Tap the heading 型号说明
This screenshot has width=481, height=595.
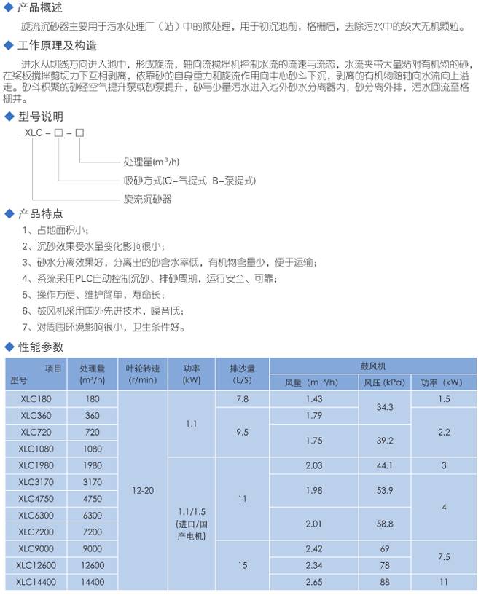point(40,117)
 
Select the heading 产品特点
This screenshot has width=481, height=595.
point(40,214)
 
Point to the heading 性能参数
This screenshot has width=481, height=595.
point(40,346)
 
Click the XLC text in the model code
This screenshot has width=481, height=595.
point(34,134)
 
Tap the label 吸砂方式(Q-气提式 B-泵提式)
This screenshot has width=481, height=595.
point(189,181)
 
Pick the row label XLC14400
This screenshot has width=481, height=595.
point(35,583)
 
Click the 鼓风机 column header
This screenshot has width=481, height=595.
point(372,366)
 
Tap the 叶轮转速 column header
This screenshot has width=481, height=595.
point(142,374)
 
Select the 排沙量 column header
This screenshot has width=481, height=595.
point(242,374)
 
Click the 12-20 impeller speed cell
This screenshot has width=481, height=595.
point(142,491)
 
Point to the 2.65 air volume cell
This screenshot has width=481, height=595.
point(314,583)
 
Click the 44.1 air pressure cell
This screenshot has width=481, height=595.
point(385,465)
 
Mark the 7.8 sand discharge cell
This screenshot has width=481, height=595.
point(242,399)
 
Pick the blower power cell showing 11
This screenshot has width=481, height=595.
point(445,583)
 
